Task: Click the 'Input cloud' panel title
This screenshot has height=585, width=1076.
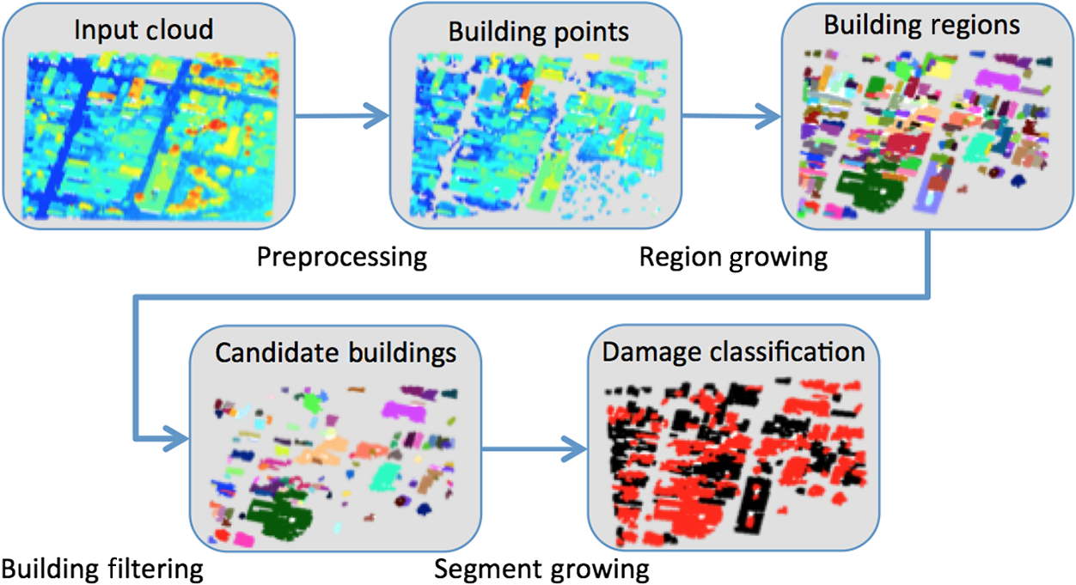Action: click(x=144, y=30)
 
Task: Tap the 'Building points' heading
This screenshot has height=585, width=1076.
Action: click(x=539, y=33)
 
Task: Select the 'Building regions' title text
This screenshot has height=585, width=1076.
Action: click(x=922, y=26)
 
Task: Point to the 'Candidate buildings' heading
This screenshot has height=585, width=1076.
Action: click(x=335, y=353)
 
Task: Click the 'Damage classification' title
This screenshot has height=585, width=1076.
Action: click(x=733, y=352)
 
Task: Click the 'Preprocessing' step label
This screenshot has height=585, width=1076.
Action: click(x=341, y=258)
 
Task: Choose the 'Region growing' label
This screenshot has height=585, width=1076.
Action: click(x=733, y=258)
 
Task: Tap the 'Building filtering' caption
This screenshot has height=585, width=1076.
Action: click(x=102, y=570)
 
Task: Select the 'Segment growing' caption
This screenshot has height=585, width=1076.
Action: click(x=541, y=570)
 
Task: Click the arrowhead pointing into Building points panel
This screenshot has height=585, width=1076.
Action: click(x=377, y=116)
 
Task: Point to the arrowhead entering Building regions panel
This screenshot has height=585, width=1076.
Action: click(x=769, y=116)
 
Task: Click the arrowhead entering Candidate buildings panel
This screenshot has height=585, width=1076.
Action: click(x=177, y=438)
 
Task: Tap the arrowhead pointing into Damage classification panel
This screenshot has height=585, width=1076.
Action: click(x=574, y=449)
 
